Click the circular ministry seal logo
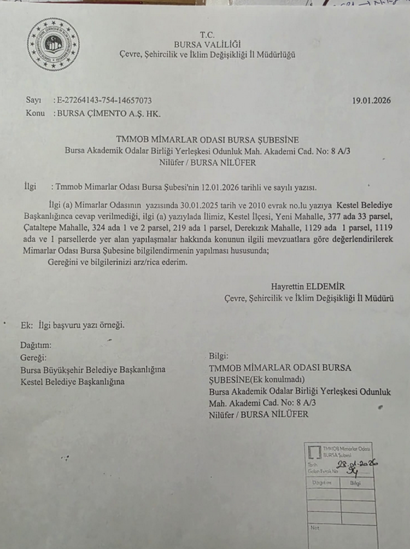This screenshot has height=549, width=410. (x=52, y=45)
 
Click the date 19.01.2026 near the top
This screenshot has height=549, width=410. (x=372, y=101)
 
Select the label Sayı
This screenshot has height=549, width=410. (x=33, y=101)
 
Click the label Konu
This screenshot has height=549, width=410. (x=35, y=114)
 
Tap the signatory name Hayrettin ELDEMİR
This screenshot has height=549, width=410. (x=308, y=287)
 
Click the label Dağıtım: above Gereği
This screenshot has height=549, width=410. (x=36, y=346)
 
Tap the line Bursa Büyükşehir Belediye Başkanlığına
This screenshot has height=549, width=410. (x=92, y=370)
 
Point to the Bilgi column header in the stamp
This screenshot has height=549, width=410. (x=355, y=483)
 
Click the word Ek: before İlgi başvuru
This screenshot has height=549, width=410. (x=27, y=325)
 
